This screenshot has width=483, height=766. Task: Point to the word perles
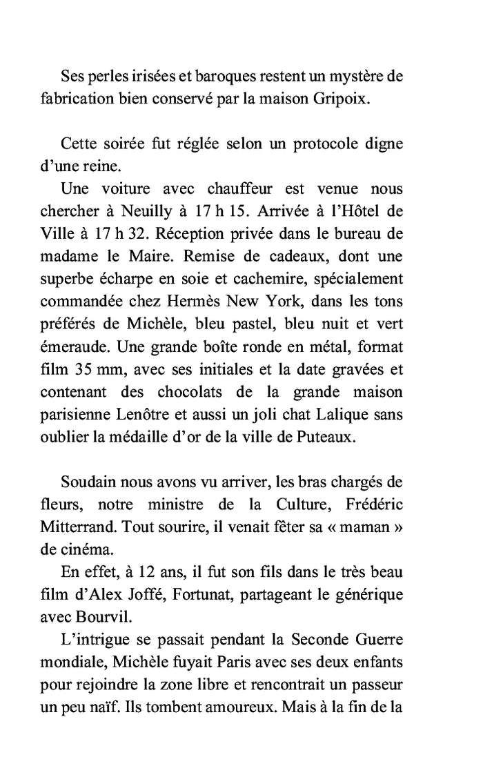tap(107, 75)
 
